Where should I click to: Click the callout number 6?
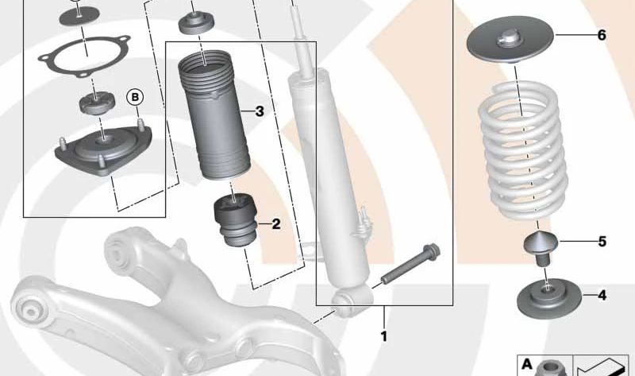601,36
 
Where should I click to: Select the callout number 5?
602,241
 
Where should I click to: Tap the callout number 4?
602,297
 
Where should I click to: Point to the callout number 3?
259,111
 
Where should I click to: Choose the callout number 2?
275,224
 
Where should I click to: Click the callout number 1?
383,336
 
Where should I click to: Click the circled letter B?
136,97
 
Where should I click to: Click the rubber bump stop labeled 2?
236,222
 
